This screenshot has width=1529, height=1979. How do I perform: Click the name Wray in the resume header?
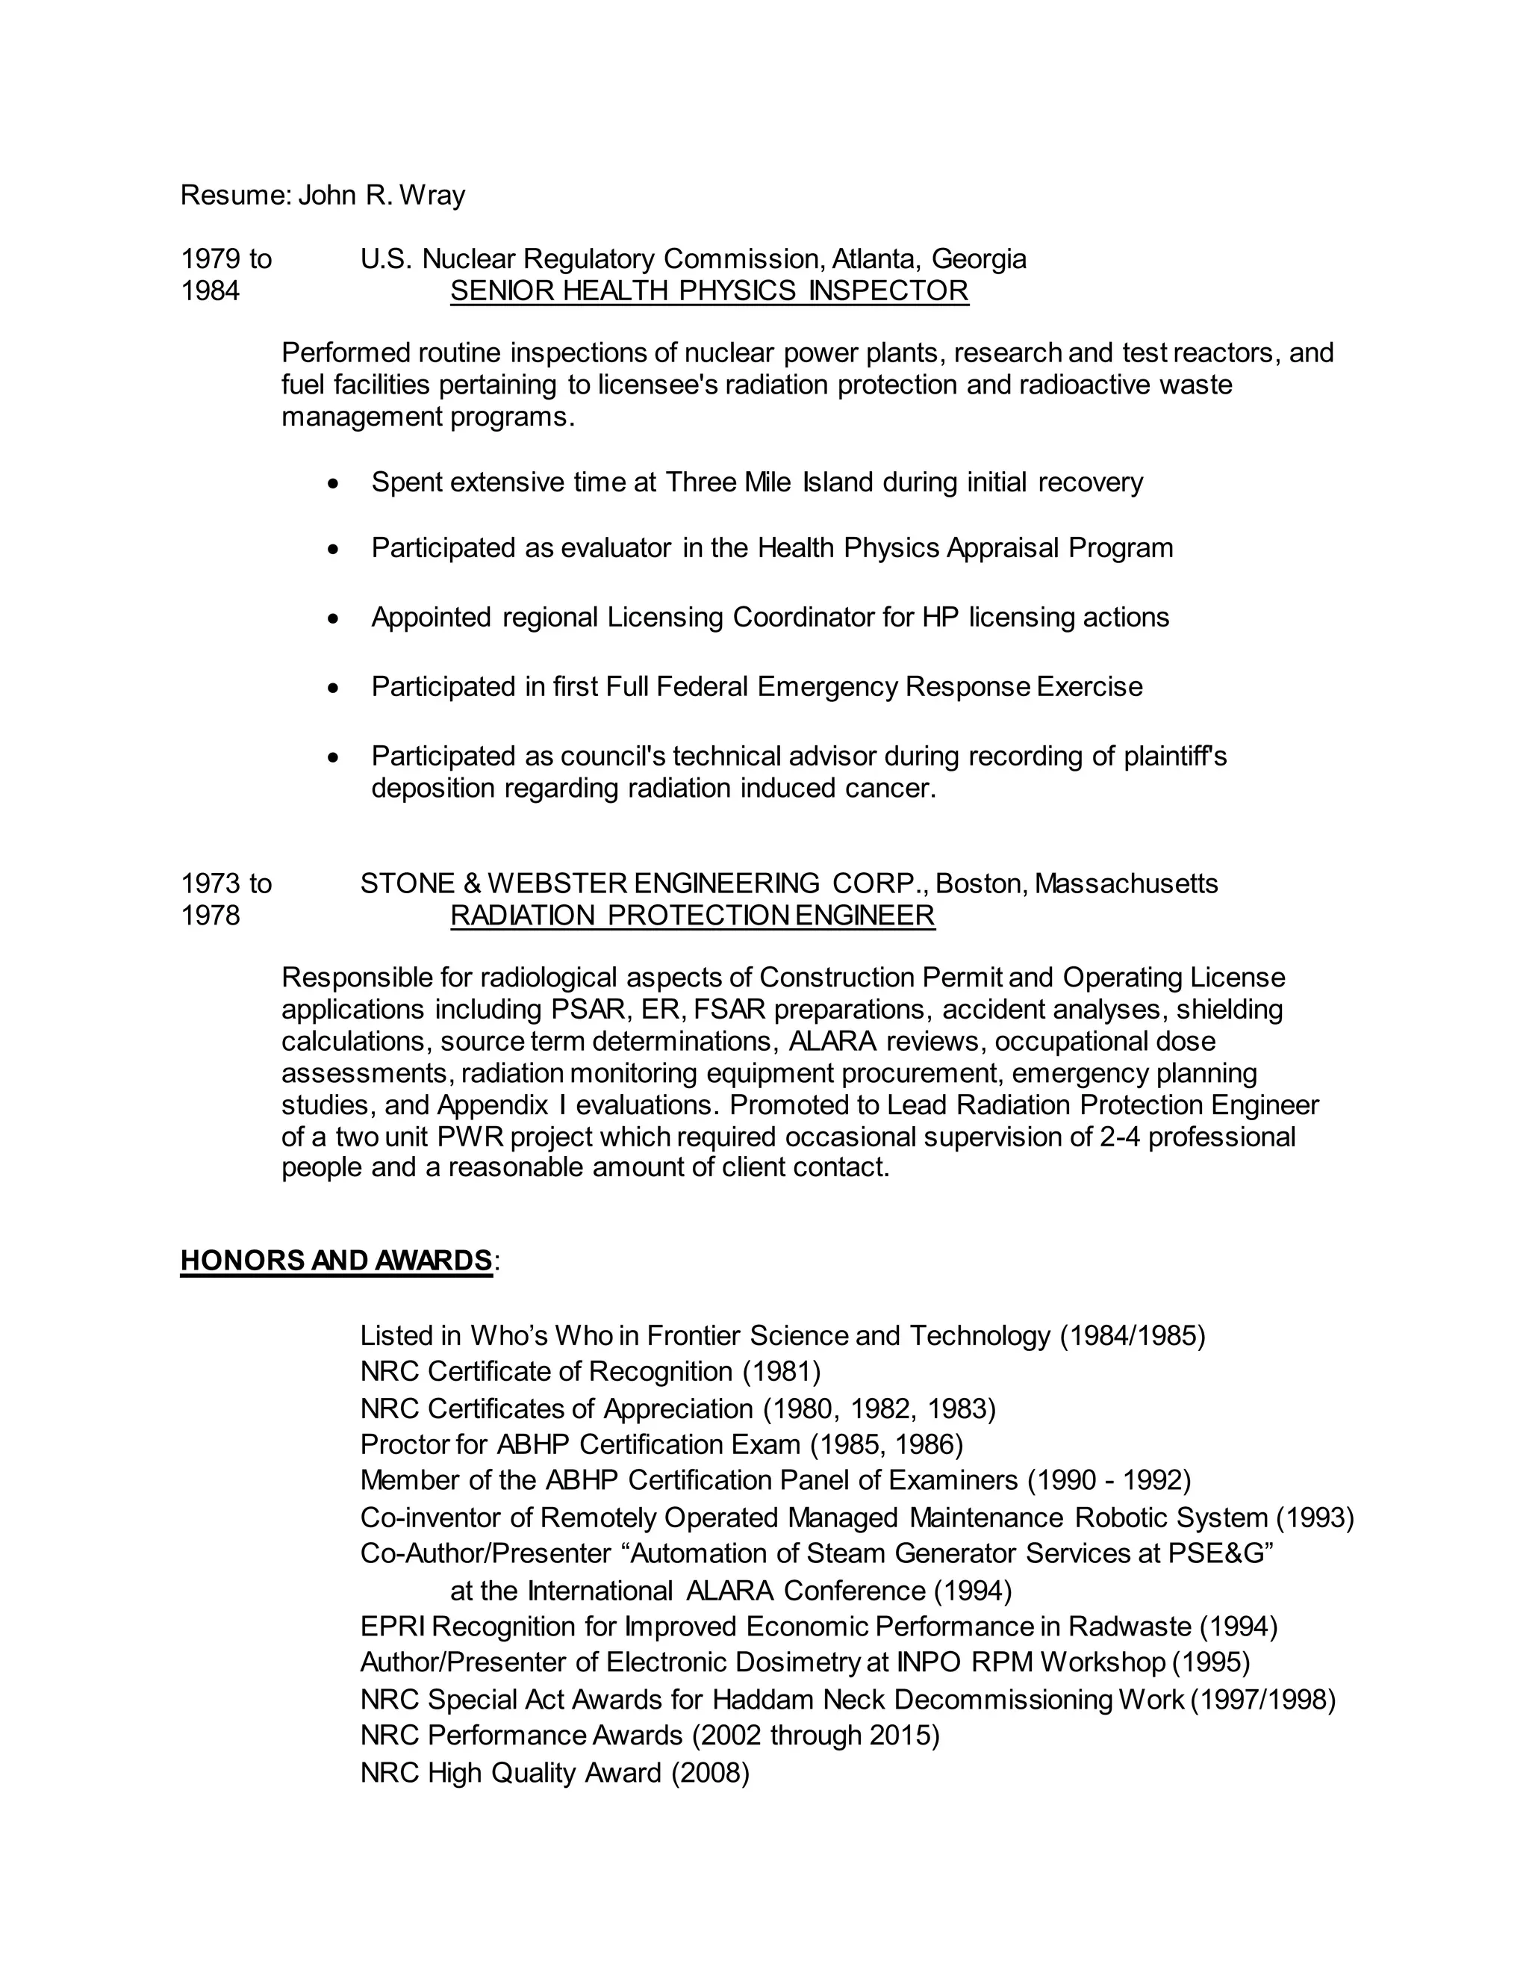pyautogui.click(x=432, y=195)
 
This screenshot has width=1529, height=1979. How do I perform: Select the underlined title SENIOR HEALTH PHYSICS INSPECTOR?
pyautogui.click(x=709, y=291)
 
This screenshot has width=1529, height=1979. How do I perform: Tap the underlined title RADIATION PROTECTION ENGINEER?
pyautogui.click(x=692, y=916)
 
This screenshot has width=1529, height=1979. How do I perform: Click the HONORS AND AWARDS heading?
pyautogui.click(x=336, y=1261)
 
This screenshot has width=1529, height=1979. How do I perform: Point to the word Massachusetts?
pyautogui.click(x=1126, y=883)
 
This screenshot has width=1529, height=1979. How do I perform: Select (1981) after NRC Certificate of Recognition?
pyautogui.click(x=782, y=1372)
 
